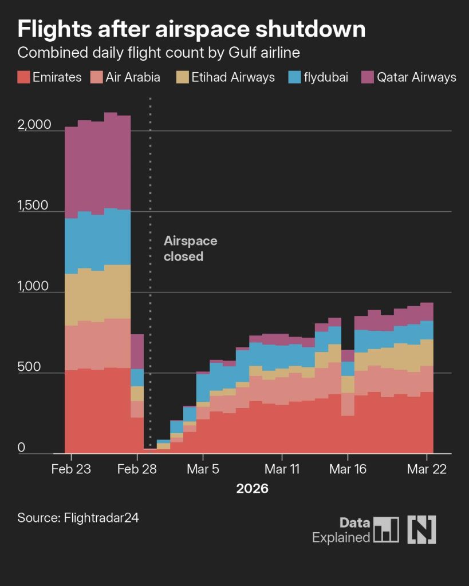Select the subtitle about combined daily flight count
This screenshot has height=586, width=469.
point(159,53)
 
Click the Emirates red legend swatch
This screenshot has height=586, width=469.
point(23,77)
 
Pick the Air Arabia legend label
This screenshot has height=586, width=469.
point(133,77)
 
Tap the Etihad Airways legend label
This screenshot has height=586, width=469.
point(234,77)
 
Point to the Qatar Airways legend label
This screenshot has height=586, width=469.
point(416,77)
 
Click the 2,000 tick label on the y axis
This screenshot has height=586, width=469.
point(34,125)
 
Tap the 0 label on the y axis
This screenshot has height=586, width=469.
point(21,448)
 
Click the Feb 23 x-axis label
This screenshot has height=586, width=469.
point(71,469)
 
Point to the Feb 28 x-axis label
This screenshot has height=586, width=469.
point(137,469)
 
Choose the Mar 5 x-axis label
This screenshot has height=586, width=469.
point(204,469)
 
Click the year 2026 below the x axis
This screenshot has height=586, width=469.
point(252,490)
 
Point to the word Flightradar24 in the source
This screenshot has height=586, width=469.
point(101,518)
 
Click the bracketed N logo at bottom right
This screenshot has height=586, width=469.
point(421,529)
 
